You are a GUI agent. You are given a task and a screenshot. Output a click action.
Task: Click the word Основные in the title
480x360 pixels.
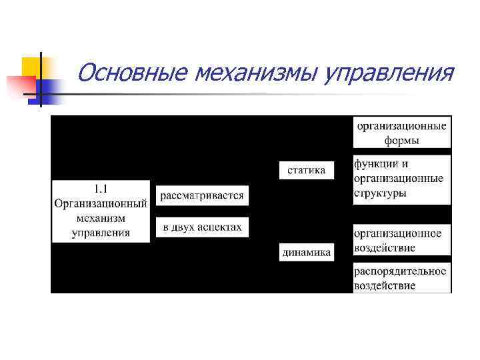pyautogui.click(x=132, y=72)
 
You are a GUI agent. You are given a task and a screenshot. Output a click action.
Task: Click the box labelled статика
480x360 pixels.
pyautogui.click(x=306, y=170)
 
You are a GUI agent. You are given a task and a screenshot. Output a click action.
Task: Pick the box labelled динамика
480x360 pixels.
pyautogui.click(x=306, y=253)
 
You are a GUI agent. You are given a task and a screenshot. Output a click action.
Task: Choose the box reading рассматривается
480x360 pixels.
pyautogui.click(x=202, y=196)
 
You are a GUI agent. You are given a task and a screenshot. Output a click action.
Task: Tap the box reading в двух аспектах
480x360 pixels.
pyautogui.click(x=202, y=227)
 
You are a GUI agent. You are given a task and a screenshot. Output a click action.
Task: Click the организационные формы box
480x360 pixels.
pyautogui.click(x=402, y=132)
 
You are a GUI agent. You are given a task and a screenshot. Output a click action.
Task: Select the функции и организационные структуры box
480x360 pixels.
pyautogui.click(x=402, y=178)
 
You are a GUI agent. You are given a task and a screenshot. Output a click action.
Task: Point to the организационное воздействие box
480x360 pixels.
pyautogui.click(x=402, y=241)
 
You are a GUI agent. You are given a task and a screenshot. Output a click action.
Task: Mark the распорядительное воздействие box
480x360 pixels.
pyautogui.click(x=402, y=278)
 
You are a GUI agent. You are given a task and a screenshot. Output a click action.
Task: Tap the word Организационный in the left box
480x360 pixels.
pyautogui.click(x=101, y=203)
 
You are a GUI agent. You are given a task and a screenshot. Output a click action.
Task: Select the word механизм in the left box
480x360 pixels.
pyautogui.click(x=101, y=218)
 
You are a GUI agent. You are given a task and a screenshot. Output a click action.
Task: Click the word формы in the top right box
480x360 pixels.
pyautogui.click(x=402, y=140)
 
